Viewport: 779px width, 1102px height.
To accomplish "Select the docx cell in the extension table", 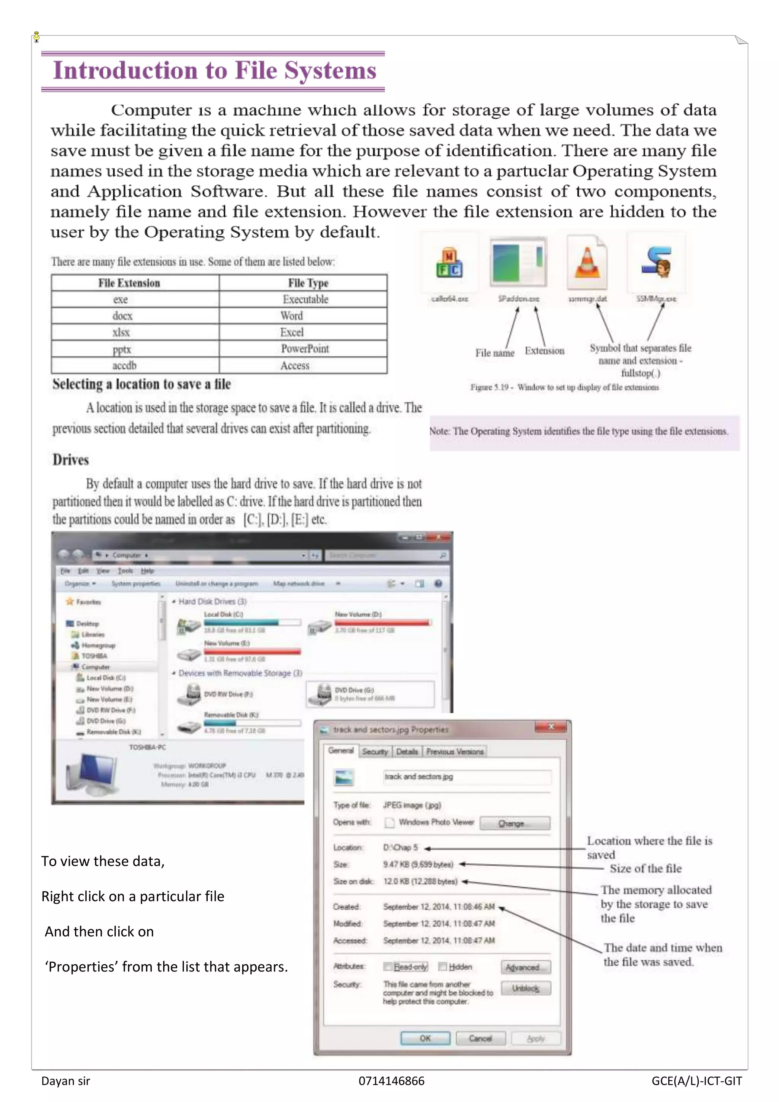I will click(x=122, y=316).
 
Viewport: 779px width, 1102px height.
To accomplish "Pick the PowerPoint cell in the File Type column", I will click(x=305, y=349).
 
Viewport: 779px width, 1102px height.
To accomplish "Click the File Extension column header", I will click(x=129, y=283).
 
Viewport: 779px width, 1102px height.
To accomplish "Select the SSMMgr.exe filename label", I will click(x=656, y=299).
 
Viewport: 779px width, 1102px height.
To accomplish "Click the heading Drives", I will click(x=70, y=460).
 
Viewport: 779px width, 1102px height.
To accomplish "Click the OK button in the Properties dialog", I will click(x=425, y=1038).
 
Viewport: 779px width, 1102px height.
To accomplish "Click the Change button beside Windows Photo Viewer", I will click(x=514, y=823).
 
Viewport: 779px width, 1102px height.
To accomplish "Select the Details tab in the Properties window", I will click(x=407, y=752).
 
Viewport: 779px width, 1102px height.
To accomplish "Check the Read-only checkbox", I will click(x=388, y=967).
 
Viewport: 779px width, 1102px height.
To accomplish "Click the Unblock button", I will click(x=525, y=988).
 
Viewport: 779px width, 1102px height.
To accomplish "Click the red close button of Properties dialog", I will click(x=551, y=727).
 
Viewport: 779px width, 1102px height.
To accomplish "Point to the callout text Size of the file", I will click(x=645, y=868).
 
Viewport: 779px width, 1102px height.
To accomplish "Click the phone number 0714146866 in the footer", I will click(x=391, y=1081).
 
